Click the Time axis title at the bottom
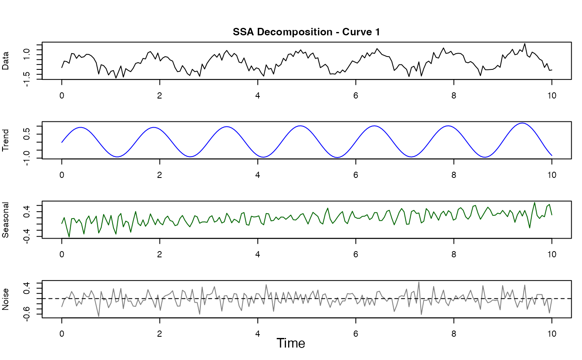point(291,343)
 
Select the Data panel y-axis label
point(6,61)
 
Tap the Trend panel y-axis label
point(6,141)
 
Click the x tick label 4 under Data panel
point(258,94)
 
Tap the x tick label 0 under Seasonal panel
point(62,254)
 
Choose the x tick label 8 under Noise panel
point(454,333)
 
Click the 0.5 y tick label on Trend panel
point(27,134)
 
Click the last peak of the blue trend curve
point(522,123)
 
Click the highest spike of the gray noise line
point(419,282)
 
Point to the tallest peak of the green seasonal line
point(535,202)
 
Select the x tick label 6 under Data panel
point(356,94)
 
